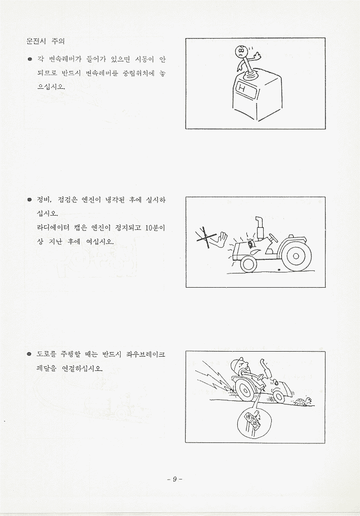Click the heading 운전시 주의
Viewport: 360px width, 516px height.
(46, 41)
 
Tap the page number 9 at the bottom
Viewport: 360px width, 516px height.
(174, 479)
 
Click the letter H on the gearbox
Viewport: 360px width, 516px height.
(242, 88)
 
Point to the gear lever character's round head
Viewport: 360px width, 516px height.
(242, 52)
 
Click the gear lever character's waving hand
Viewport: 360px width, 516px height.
(258, 56)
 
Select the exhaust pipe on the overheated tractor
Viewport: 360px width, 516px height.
(260, 227)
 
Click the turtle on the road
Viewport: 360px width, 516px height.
(303, 401)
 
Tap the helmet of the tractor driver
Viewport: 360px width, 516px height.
(237, 363)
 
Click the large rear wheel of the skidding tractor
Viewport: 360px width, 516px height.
(244, 390)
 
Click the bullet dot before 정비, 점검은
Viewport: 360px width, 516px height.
(29, 200)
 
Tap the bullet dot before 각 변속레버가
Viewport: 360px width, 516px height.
(29, 59)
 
